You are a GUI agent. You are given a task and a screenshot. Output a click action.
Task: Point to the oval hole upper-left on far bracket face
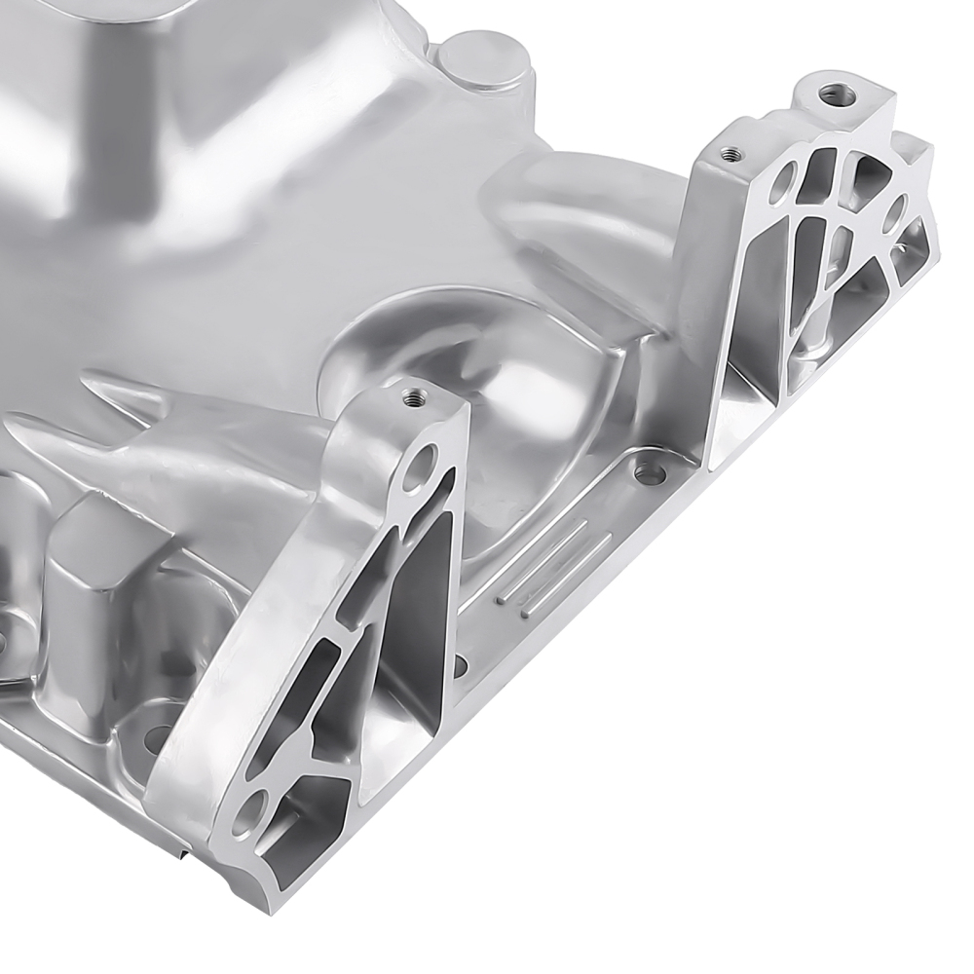781,184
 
